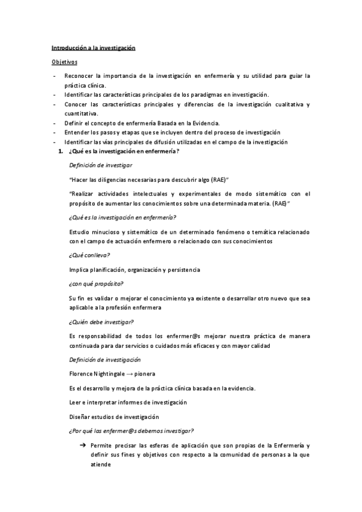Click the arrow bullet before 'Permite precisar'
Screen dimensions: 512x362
(x=82, y=445)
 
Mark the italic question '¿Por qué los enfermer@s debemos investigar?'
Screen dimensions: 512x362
(x=132, y=430)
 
